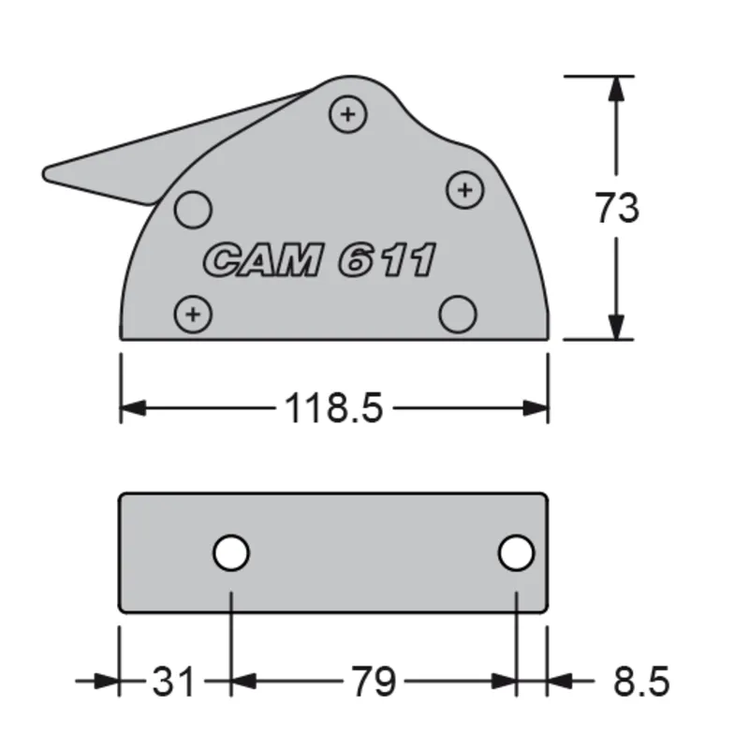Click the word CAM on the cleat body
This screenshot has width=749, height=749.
coord(261,260)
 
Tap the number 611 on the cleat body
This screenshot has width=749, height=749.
coord(386,260)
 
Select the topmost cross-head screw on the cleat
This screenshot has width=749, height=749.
coord(347,115)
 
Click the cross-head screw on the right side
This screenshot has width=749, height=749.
coord(463,190)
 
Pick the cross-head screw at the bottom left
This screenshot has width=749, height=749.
coord(193,313)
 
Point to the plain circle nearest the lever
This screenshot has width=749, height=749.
coord(194,207)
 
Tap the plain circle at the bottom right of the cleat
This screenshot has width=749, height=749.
coord(458,314)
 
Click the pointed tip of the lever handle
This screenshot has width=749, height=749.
coord(47,173)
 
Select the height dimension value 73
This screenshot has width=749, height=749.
coord(617,208)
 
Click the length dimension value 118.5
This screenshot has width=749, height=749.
coord(333,408)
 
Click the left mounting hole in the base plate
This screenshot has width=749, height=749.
coord(230,553)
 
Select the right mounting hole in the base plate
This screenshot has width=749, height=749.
coord(516,553)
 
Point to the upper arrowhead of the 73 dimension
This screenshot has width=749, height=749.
coord(616,86)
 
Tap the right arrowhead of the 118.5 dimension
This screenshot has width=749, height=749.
coord(536,408)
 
